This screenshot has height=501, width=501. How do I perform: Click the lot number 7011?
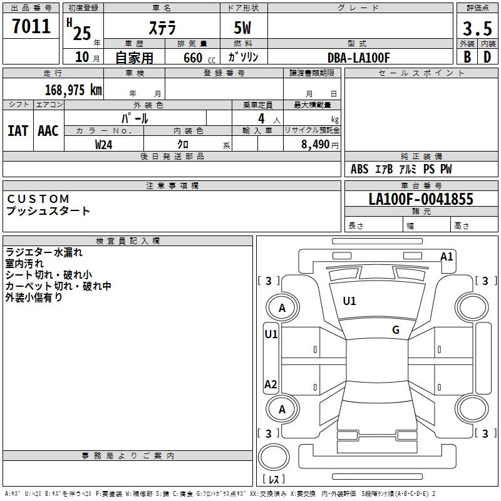click(x=31, y=26)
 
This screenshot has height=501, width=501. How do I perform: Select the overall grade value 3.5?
click(x=477, y=28)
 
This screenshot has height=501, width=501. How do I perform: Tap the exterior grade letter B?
click(x=467, y=57)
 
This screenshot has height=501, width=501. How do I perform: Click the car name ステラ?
click(x=162, y=28)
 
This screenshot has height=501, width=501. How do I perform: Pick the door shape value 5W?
click(x=243, y=28)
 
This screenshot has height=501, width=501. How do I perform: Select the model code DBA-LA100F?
click(x=359, y=58)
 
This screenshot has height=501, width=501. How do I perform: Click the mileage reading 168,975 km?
click(x=73, y=90)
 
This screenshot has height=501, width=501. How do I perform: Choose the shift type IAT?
click(x=18, y=131)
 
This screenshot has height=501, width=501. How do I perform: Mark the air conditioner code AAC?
click(x=48, y=131)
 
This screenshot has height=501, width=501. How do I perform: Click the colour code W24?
click(x=104, y=145)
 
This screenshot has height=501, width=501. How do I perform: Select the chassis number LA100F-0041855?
click(x=421, y=200)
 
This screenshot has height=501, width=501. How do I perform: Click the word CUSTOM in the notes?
click(x=38, y=199)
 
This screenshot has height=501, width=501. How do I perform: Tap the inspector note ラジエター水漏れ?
click(x=44, y=253)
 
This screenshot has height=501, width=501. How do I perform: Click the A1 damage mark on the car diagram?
click(x=447, y=256)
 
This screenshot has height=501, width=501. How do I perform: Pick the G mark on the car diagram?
click(x=396, y=330)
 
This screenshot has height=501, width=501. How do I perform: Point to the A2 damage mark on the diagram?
click(x=271, y=385)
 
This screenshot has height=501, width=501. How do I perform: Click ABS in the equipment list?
click(x=359, y=169)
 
